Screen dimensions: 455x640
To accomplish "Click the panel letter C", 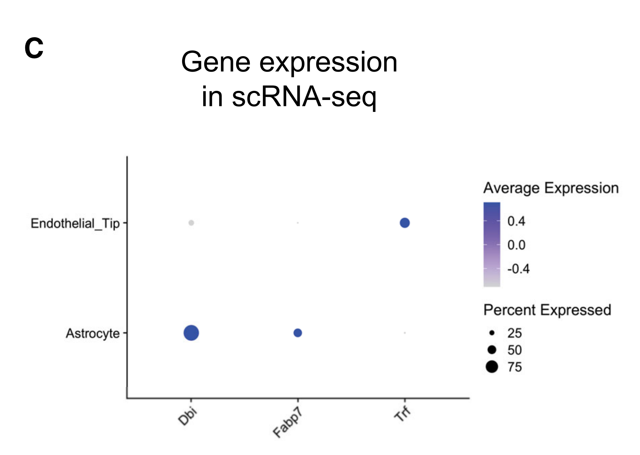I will [x=34, y=48].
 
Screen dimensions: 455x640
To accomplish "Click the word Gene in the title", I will [x=215, y=62].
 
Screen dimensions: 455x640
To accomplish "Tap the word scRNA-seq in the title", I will [x=304, y=96].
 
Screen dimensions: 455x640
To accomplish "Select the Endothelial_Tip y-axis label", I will [x=75, y=223].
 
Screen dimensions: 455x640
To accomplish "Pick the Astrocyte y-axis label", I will [x=93, y=333].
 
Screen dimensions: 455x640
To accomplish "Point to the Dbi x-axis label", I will [x=188, y=416].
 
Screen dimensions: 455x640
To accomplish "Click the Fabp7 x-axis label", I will [x=288, y=423].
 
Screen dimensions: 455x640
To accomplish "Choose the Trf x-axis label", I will [x=402, y=414].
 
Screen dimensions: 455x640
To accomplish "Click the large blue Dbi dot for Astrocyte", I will [x=191, y=333].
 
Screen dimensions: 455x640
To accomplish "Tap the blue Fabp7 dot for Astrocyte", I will [x=298, y=333].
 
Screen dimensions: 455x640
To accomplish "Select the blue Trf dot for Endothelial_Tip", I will [x=405, y=223].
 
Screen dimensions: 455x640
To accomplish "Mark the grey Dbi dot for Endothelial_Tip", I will [x=191, y=223].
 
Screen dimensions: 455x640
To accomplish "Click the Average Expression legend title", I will [x=551, y=188].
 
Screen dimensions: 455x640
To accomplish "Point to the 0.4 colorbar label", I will [x=516, y=221].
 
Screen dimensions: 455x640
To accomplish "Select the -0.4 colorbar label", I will [x=518, y=269].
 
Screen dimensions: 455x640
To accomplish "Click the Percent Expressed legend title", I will [x=547, y=310].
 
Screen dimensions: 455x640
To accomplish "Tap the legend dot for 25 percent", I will [x=492, y=333].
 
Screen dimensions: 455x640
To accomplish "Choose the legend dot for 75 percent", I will [x=492, y=367].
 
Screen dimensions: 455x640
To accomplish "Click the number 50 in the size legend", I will [x=514, y=350].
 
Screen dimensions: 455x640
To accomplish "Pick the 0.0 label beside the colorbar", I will [x=516, y=245].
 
